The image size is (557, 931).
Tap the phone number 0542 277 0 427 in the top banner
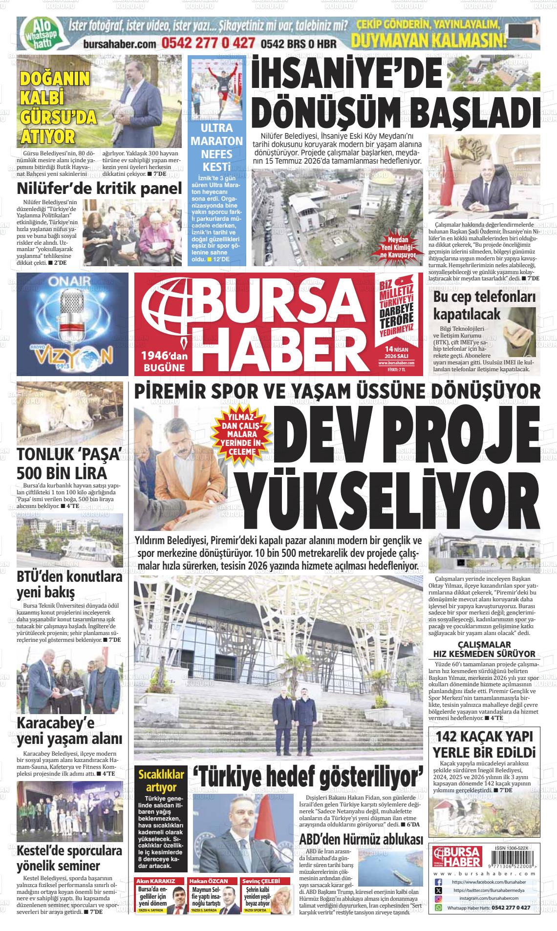208,43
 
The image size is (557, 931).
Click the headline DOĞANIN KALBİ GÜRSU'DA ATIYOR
58,107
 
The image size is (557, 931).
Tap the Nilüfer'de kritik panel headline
99,188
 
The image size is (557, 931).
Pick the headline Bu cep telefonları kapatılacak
484,305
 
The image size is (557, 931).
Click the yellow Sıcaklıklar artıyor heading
161,781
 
